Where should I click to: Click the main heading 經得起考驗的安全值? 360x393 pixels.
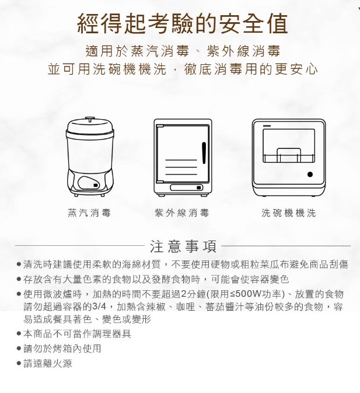pyautogui.click(x=183, y=24)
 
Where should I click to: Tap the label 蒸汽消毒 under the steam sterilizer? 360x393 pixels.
pyautogui.click(x=89, y=213)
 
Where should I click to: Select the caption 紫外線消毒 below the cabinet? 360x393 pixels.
pyautogui.click(x=182, y=213)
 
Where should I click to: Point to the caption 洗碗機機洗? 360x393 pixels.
pyautogui.click(x=289, y=213)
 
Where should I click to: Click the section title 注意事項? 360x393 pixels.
pyautogui.click(x=183, y=246)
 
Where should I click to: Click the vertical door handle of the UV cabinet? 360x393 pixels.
pyautogui.click(x=204, y=153)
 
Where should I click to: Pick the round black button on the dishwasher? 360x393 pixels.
pyautogui.click(x=310, y=175)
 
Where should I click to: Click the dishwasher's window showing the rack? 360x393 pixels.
pyautogui.click(x=289, y=146)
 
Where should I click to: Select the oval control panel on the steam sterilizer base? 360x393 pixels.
pyautogui.click(x=89, y=183)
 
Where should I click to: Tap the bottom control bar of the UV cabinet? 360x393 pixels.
pyautogui.click(x=187, y=187)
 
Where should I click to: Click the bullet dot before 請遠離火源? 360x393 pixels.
pyautogui.click(x=19, y=363)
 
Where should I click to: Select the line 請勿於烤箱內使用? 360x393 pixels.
pyautogui.click(x=62, y=349)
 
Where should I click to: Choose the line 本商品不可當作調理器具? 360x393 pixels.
pyautogui.click(x=77, y=333)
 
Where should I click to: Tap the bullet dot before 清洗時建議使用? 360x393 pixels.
pyautogui.click(x=19, y=264)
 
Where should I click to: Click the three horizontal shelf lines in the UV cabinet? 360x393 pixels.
pyautogui.click(x=181, y=167)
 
